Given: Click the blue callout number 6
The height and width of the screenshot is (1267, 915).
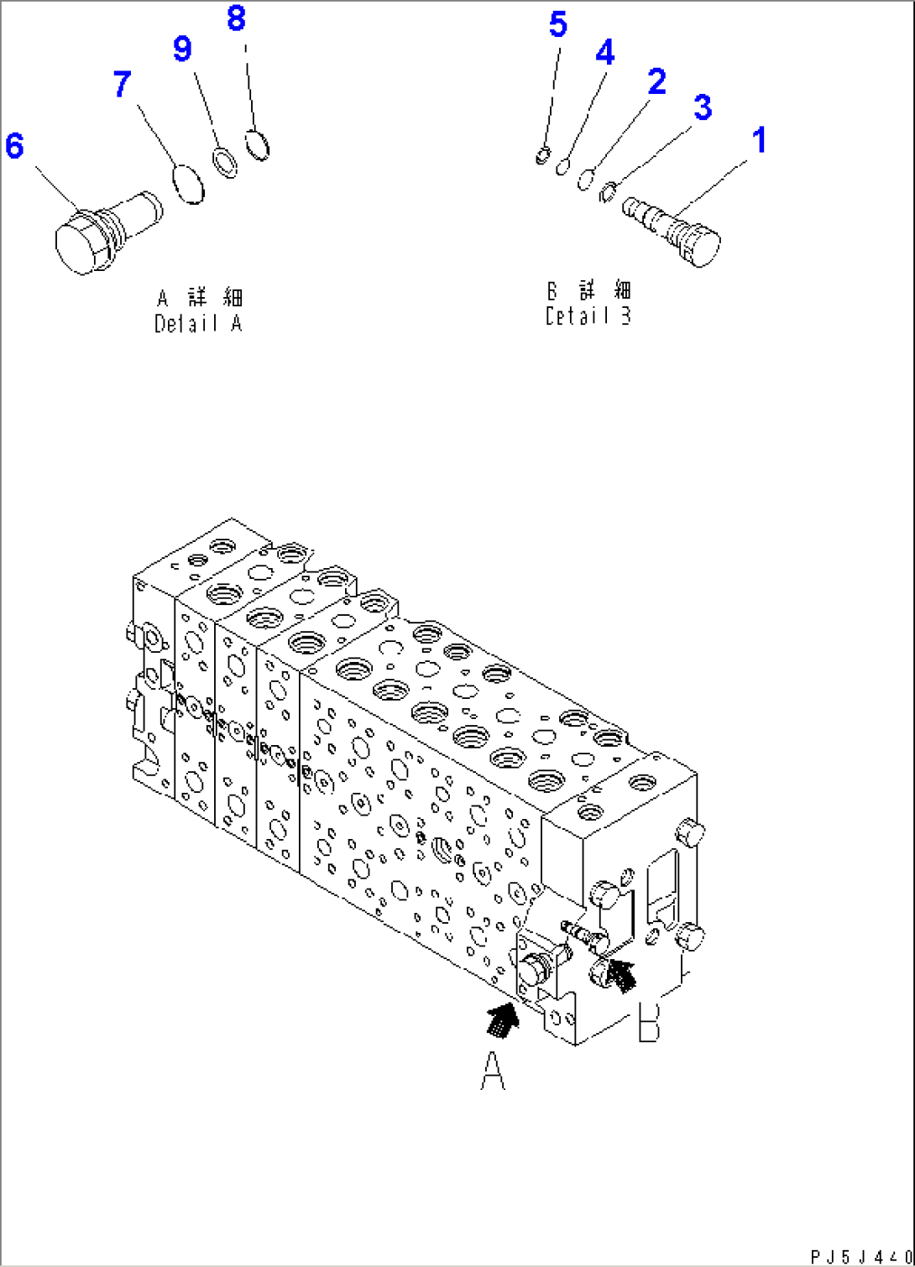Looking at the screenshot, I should [x=14, y=146].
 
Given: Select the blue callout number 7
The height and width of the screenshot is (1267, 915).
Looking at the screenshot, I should [x=123, y=84].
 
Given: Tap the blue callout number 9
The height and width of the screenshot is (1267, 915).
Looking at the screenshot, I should [x=182, y=49].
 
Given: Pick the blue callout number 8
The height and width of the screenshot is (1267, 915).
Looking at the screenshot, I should [x=237, y=18].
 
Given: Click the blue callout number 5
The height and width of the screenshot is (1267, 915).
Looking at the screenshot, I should [x=558, y=24].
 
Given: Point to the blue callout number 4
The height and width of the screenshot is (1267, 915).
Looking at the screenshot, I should [x=604, y=53].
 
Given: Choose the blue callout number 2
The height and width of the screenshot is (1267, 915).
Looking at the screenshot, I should [x=656, y=81].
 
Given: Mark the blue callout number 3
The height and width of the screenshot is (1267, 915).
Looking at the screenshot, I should [x=703, y=107].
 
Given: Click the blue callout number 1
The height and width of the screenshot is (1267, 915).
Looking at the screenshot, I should [x=759, y=140].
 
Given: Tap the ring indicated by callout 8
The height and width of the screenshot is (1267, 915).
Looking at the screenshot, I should [x=258, y=144].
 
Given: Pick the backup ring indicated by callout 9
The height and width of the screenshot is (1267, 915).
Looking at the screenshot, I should [x=224, y=163].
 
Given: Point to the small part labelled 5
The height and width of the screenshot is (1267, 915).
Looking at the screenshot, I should [x=543, y=155].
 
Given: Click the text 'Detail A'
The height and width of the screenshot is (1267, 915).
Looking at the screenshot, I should [x=198, y=323].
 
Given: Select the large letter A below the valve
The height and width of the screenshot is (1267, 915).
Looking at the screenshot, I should [x=493, y=1071].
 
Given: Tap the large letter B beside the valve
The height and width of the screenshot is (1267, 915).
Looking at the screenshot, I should [x=648, y=1020].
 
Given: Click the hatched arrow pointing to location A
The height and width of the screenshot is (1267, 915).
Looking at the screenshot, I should [x=503, y=1018].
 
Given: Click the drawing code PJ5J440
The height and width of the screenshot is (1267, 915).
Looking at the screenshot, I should [x=860, y=1255].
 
